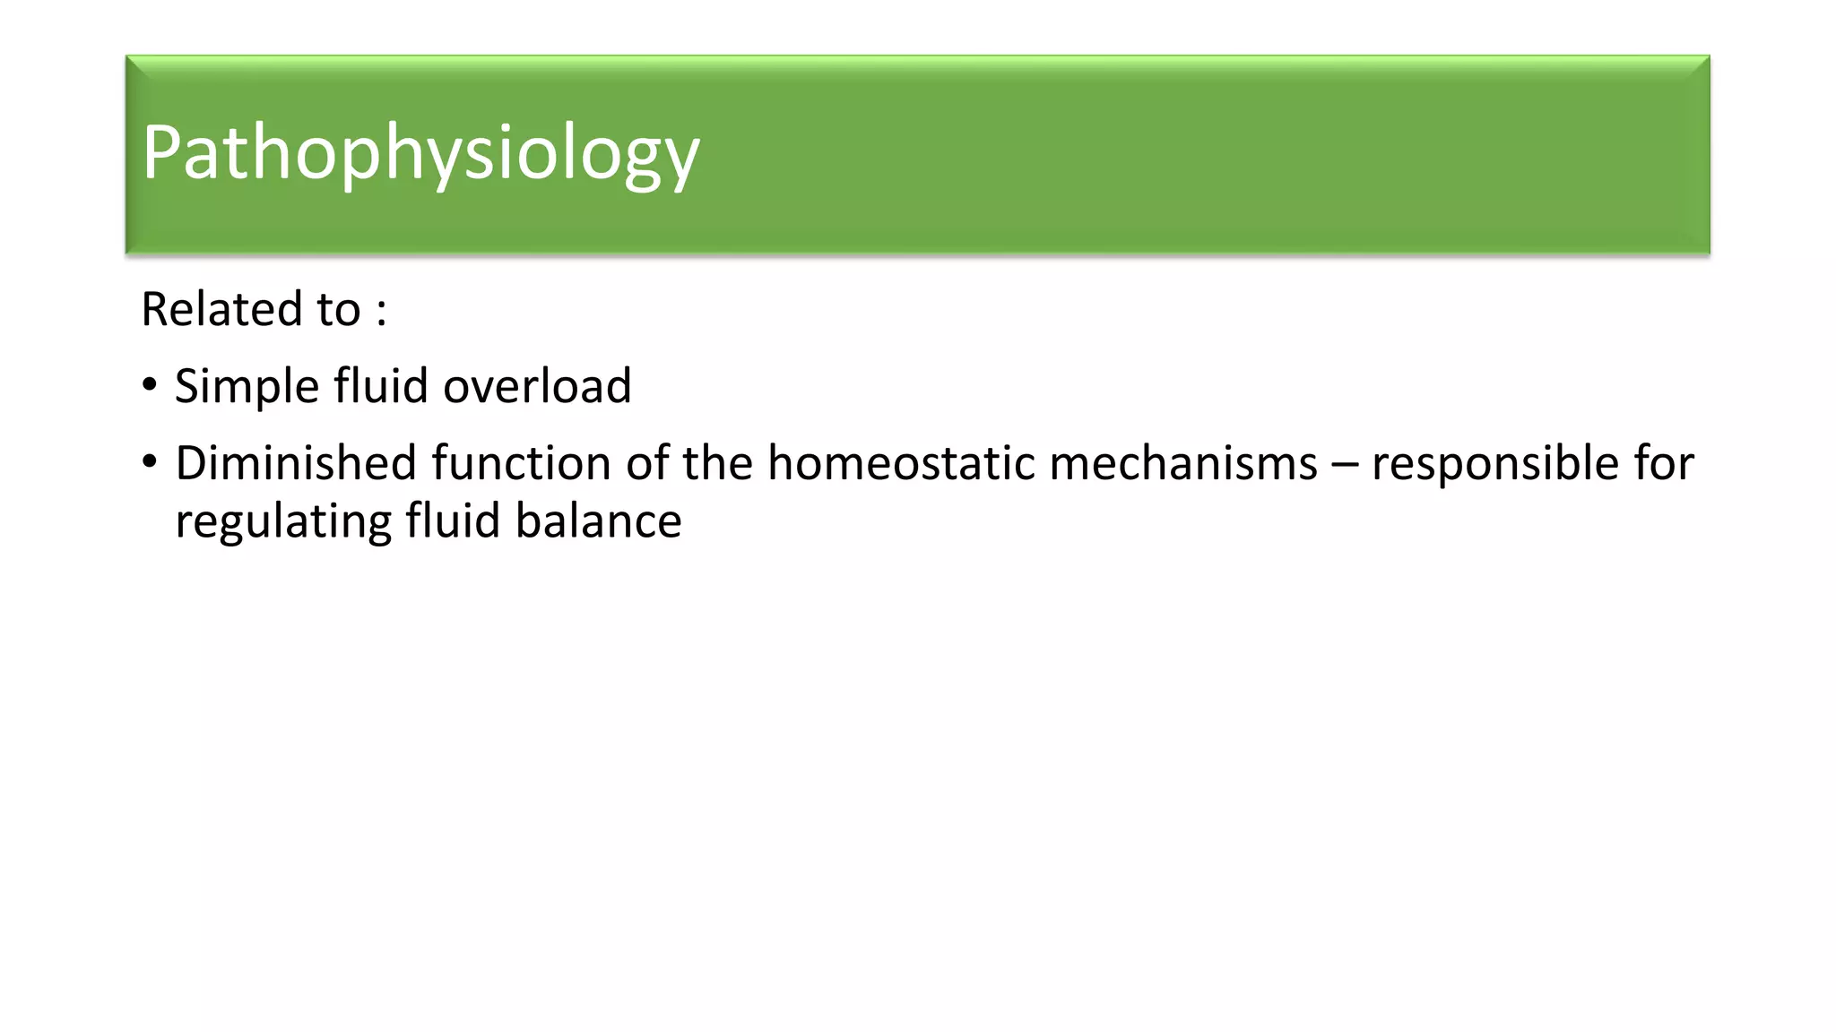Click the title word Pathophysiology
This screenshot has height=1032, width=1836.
tap(420, 154)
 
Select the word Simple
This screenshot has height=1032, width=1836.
tap(247, 387)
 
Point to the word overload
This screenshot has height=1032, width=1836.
tap(537, 387)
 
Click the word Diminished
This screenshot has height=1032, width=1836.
tap(296, 464)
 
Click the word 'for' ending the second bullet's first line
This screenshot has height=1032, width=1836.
tap(1664, 464)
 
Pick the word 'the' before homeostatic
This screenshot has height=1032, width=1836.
tap(717, 464)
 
